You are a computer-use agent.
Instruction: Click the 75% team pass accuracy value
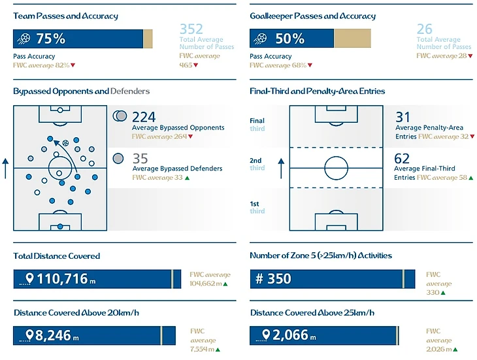pos(50,39)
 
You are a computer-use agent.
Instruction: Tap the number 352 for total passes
pos(191,29)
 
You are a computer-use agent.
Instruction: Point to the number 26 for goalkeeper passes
pos(425,29)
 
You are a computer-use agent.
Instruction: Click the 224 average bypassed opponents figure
pos(144,117)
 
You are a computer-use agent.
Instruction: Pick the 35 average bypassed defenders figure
pos(140,158)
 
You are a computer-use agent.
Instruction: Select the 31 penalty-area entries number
pos(403,117)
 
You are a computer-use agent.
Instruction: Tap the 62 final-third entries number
pos(403,158)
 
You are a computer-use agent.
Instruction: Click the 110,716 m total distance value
pos(62,280)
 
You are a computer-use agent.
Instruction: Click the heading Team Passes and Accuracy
pos(65,16)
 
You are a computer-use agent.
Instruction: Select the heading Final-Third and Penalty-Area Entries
pos(317,91)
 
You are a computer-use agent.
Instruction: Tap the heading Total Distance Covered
pos(56,256)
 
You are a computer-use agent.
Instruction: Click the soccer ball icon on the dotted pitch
pos(65,143)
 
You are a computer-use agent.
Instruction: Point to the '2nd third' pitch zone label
pos(257,164)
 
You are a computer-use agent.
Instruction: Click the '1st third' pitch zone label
pos(257,207)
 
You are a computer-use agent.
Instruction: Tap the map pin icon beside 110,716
pos(29,279)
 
